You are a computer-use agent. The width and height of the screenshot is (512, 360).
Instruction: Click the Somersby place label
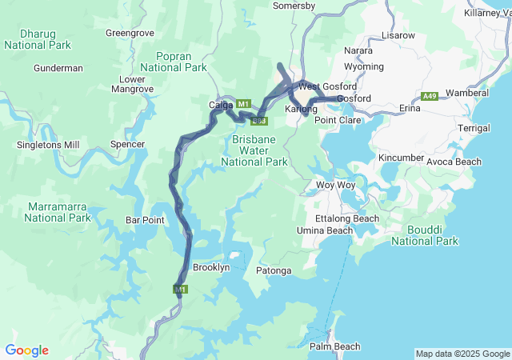[x=294, y=6]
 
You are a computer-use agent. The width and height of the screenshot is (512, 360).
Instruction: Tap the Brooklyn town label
[x=211, y=267]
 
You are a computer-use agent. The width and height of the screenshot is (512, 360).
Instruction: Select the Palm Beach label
[x=334, y=346]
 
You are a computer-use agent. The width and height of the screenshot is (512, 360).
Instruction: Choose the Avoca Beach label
[x=454, y=162]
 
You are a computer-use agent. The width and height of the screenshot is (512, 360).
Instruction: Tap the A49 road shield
[x=430, y=96]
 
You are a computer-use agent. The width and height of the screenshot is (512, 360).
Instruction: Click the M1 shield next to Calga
[x=244, y=103]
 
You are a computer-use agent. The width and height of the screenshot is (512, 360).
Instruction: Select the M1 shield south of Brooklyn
[x=180, y=289]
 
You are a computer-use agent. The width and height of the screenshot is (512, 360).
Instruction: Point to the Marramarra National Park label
[x=58, y=212]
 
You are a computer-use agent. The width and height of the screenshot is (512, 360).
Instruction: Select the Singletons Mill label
[x=48, y=145]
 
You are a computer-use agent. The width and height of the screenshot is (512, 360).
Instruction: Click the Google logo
[x=26, y=350]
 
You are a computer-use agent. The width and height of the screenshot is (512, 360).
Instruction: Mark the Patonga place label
[x=274, y=270]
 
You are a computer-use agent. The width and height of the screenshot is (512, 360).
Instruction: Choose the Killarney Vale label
[x=486, y=13]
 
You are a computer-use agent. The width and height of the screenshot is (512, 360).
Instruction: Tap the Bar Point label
[x=145, y=220]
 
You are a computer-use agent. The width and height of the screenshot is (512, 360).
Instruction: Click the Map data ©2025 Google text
[x=462, y=354]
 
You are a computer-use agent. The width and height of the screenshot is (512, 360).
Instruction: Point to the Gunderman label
[x=58, y=68]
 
